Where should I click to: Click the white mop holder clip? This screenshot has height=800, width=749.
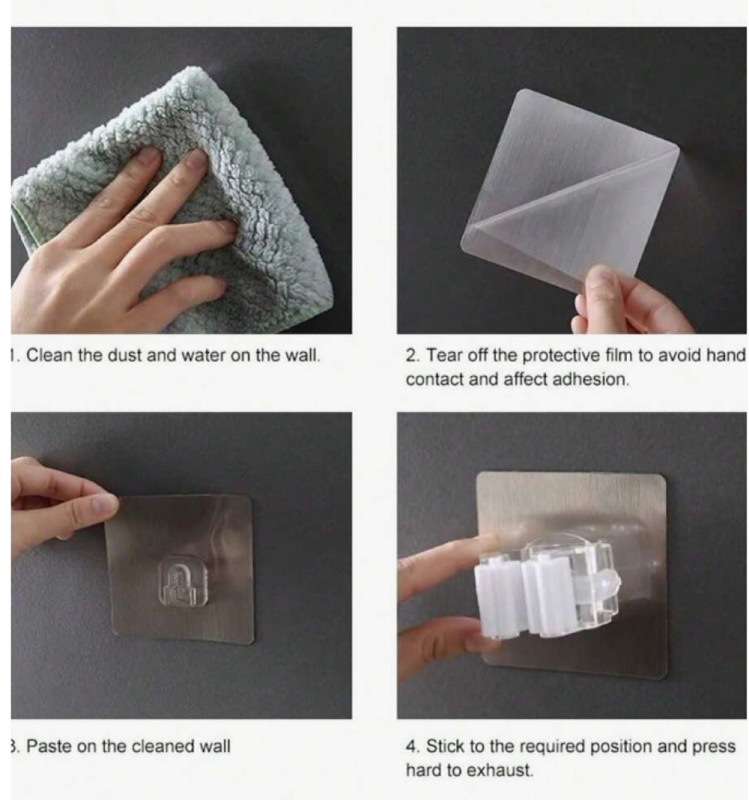(548, 586)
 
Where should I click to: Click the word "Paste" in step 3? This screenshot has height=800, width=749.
(49, 746)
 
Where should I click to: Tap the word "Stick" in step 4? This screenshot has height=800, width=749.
(445, 746)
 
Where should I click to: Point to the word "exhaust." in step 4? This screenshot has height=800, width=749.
(500, 770)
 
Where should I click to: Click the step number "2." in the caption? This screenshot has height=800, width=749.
(412, 355)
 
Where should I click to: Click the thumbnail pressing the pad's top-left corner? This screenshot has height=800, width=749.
(106, 504)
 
